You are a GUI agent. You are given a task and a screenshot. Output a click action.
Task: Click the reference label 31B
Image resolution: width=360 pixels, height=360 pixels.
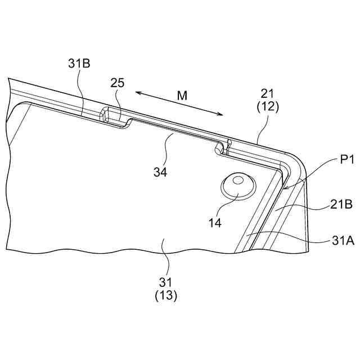[x=79, y=64]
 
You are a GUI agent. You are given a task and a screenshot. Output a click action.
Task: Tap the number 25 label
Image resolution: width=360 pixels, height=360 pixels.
[x=117, y=83]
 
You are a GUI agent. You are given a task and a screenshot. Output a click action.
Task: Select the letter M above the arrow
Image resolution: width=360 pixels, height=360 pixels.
[x=182, y=96]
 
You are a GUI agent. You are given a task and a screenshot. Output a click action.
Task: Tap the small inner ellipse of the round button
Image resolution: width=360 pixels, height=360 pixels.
[x=238, y=181]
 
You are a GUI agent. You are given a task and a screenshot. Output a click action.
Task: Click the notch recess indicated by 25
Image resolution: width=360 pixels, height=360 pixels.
[x=112, y=116]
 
